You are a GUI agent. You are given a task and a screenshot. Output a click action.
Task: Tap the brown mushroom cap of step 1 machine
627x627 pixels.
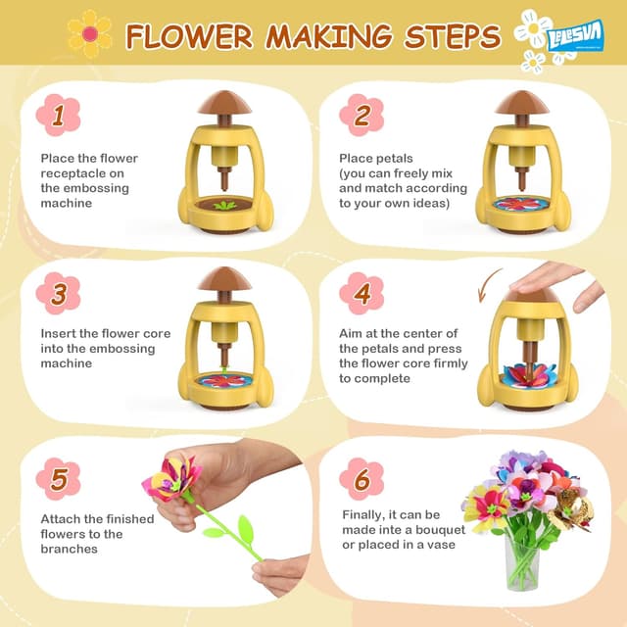pos(226,102)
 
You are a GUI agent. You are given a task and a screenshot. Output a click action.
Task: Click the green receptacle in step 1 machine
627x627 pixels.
pos(226,205)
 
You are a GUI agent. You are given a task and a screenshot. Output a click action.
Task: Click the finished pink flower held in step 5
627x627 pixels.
pos(172,479)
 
